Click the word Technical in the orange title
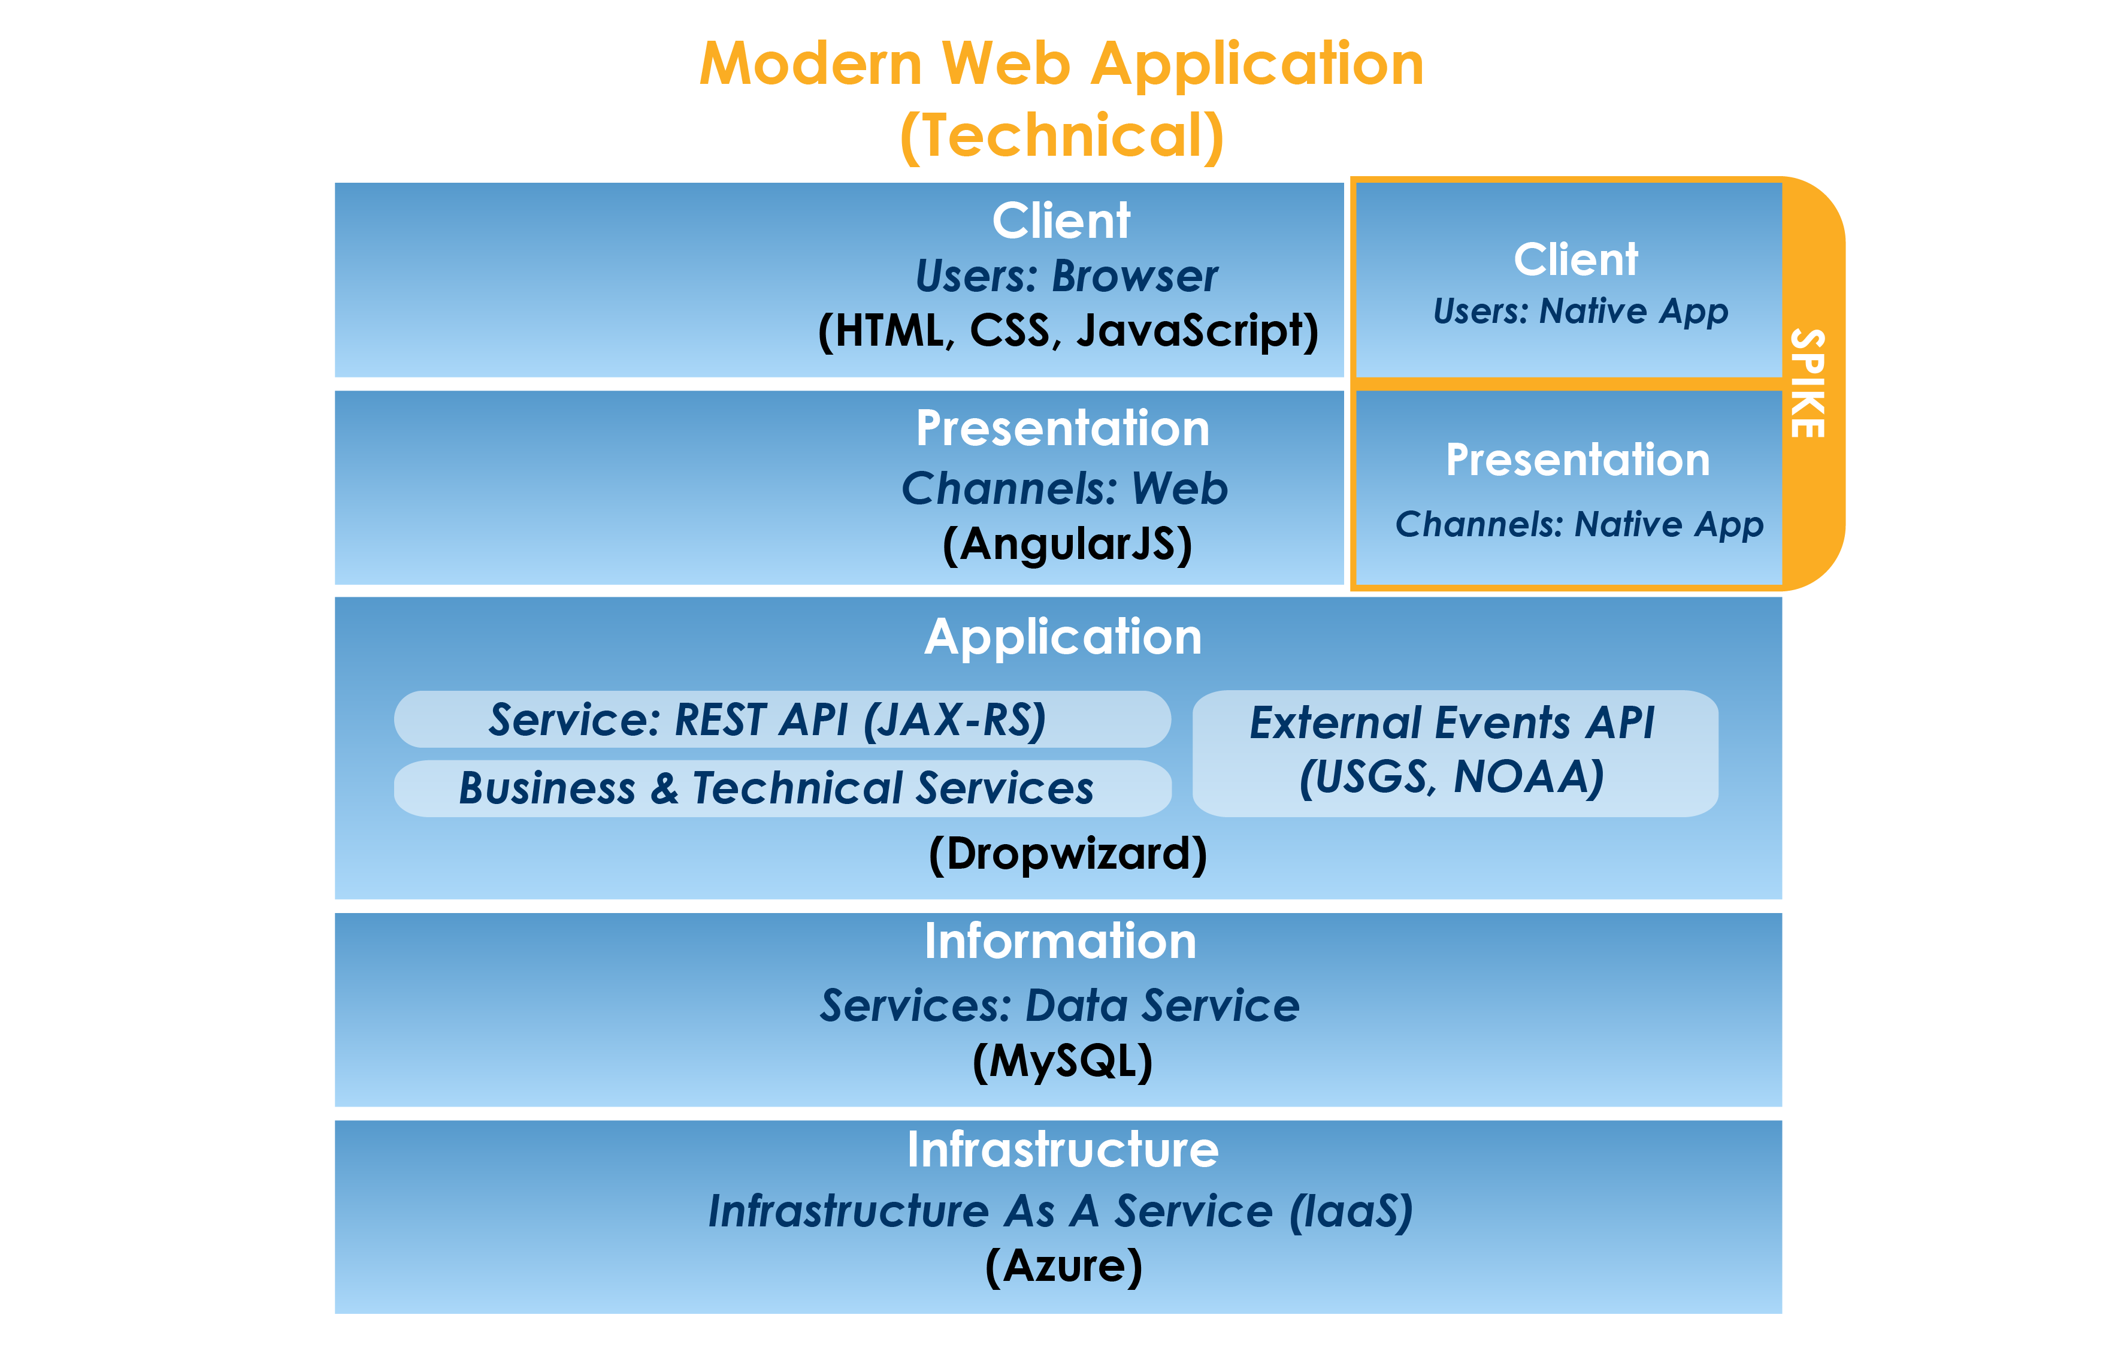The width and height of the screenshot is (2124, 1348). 1061,136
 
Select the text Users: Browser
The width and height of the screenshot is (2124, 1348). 1066,276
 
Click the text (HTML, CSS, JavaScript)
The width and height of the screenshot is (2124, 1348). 1067,331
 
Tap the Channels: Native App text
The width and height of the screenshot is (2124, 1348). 1579,524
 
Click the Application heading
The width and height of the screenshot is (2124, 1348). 1063,636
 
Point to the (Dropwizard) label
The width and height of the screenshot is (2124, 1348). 1067,853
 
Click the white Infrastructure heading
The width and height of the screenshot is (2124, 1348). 1063,1150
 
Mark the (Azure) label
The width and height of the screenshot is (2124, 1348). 1064,1266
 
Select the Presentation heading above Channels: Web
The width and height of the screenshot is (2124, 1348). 1062,429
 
